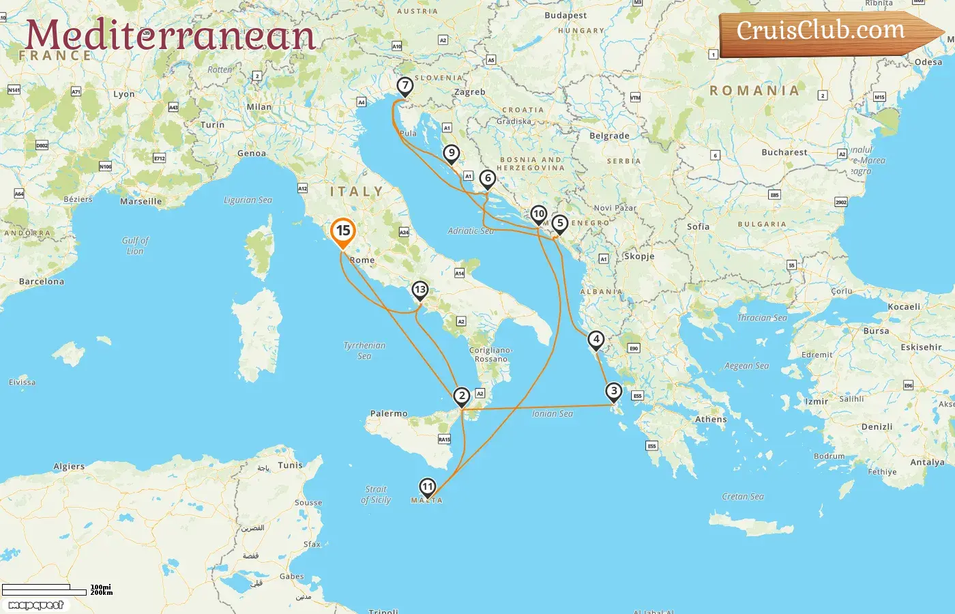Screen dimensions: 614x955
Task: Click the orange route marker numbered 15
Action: point(342,231)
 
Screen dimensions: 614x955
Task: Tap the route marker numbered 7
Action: point(405,86)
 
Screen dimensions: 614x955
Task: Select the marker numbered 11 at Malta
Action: point(427,486)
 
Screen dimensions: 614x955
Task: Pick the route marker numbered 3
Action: point(614,392)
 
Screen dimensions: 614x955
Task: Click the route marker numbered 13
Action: point(420,290)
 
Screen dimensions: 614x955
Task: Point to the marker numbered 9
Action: point(451,153)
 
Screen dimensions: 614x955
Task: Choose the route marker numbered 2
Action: point(462,396)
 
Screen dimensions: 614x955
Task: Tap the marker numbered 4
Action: point(596,339)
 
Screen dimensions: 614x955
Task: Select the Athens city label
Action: point(711,420)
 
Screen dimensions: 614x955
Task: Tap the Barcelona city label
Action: point(42,281)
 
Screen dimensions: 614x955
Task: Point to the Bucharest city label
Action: point(784,152)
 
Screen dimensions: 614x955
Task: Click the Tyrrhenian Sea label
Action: point(364,351)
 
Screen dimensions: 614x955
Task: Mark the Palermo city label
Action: point(389,413)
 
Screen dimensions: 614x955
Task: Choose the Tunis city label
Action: point(290,465)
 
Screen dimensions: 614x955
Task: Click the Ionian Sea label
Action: point(553,413)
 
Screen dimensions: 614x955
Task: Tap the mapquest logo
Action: point(36,605)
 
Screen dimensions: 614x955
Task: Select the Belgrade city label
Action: point(609,136)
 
